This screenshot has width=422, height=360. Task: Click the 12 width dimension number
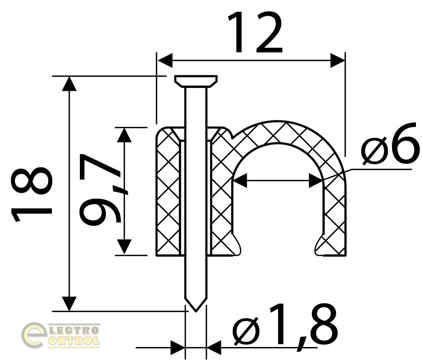tap(255, 33)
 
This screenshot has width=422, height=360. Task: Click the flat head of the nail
tap(196, 81)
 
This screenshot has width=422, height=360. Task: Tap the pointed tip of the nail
tap(196, 311)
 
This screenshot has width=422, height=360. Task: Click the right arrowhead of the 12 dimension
tap(338, 60)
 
